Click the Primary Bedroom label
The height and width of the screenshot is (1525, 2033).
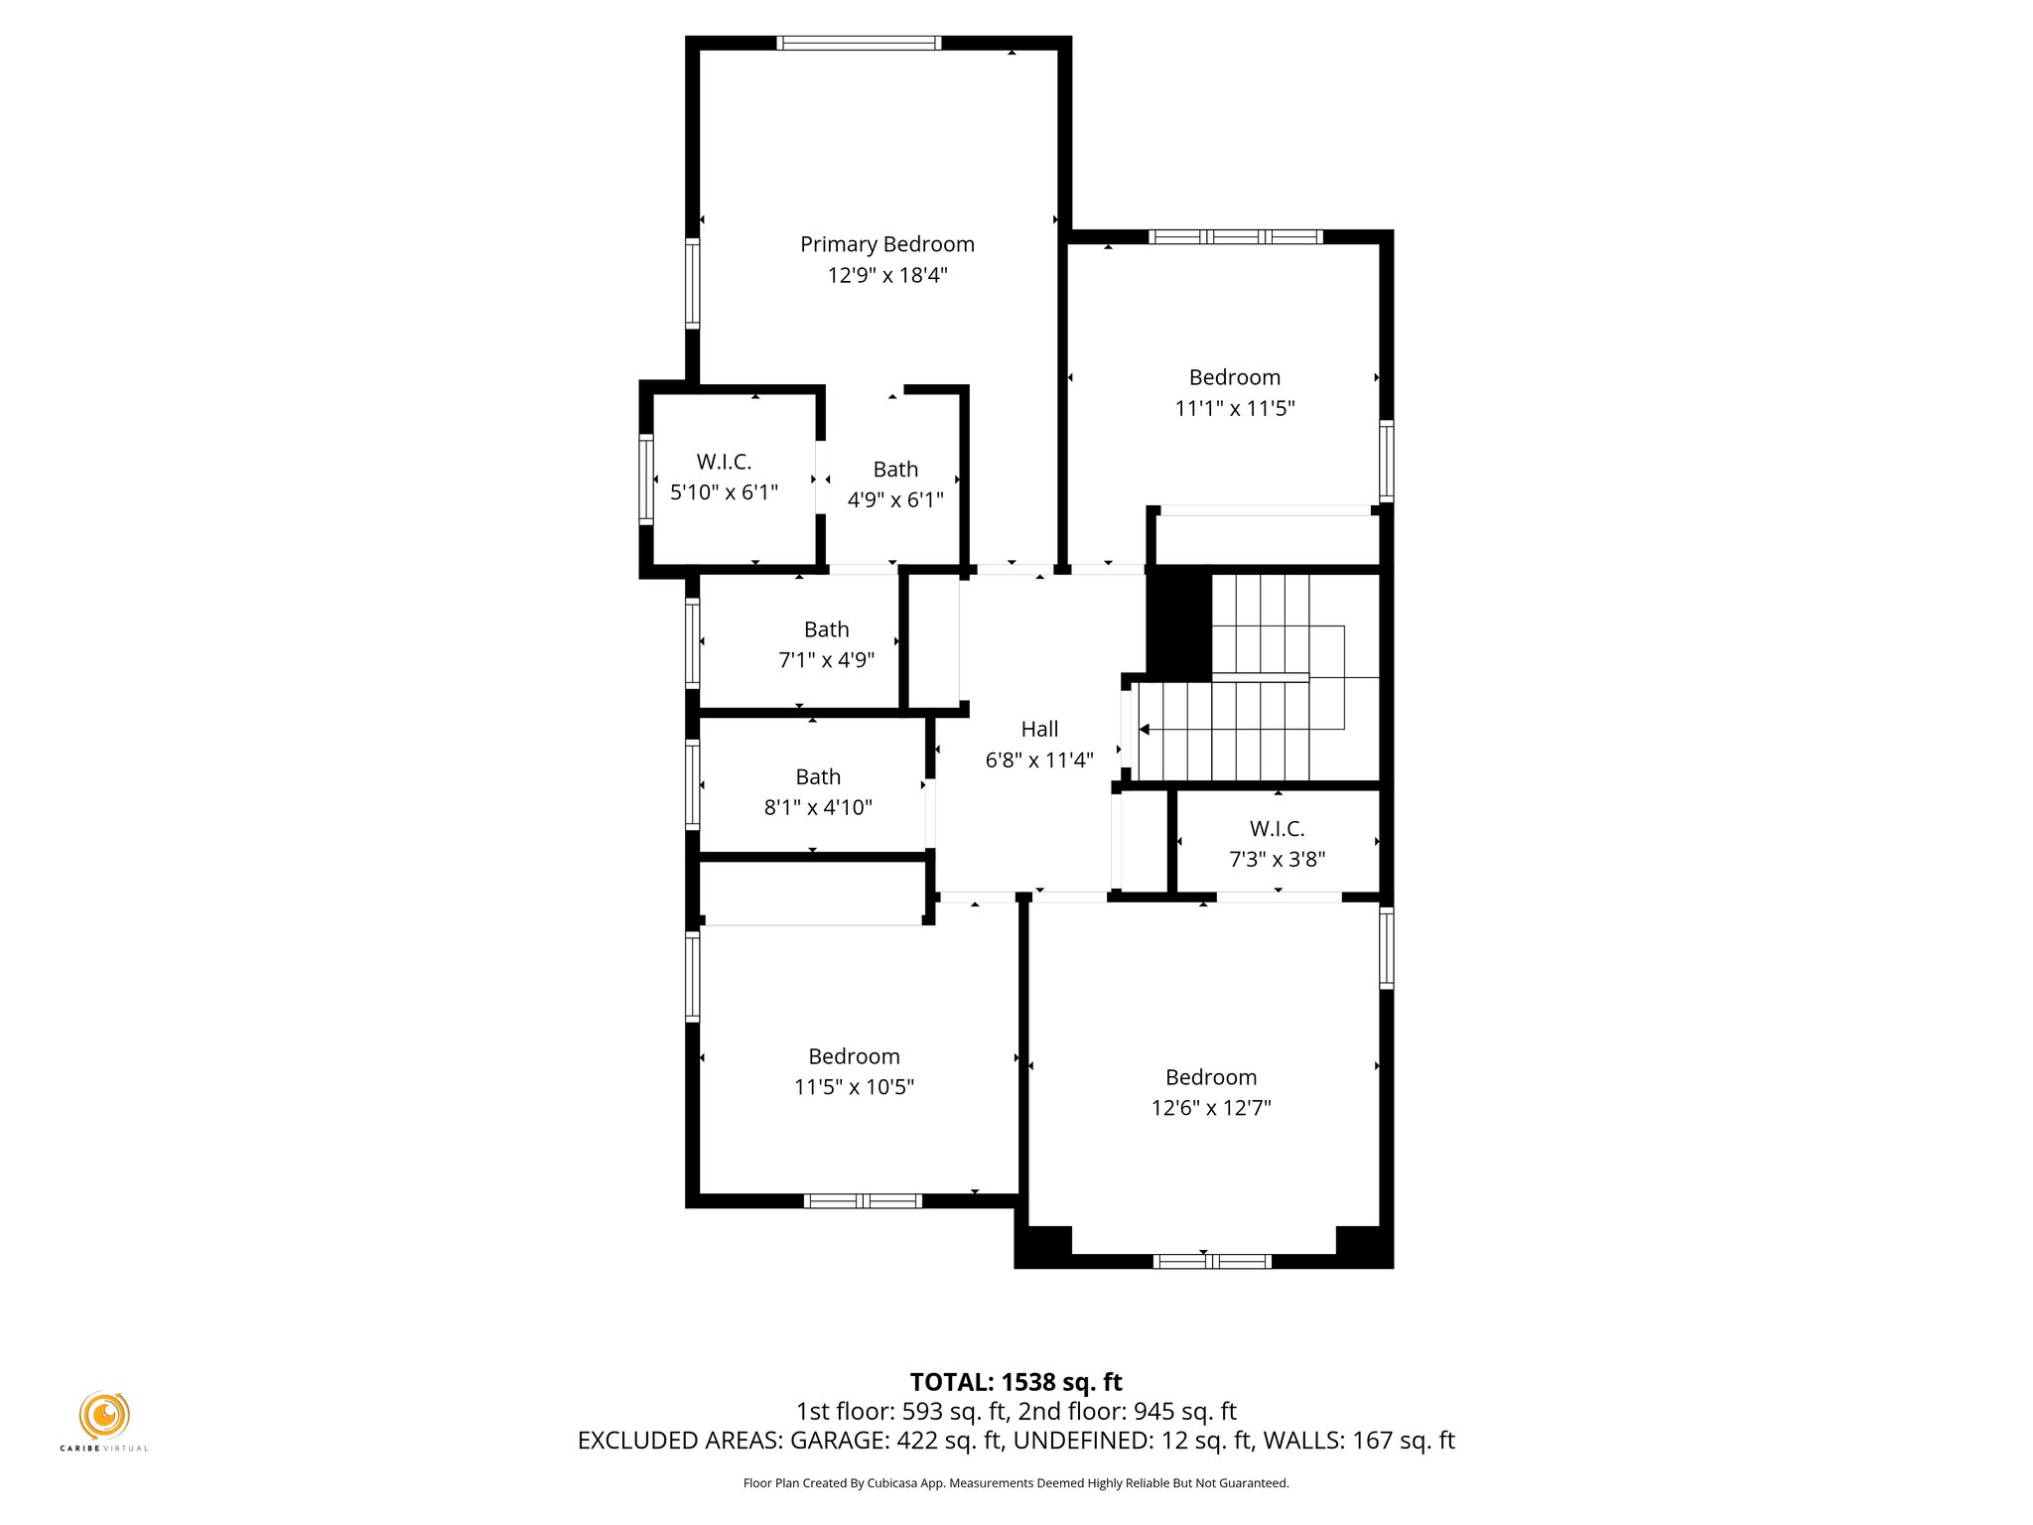click(x=886, y=244)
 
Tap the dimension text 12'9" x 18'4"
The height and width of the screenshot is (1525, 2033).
click(x=886, y=275)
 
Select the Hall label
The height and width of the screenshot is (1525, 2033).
click(x=1039, y=729)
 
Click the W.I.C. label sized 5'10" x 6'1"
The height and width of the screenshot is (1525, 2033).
click(x=724, y=462)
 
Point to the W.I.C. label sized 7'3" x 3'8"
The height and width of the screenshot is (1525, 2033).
click(x=1277, y=829)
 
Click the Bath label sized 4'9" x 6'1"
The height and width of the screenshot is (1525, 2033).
click(x=895, y=470)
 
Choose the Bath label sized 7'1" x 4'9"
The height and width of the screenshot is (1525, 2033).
click(x=826, y=629)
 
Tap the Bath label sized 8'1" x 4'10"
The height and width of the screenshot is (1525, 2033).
click(x=817, y=777)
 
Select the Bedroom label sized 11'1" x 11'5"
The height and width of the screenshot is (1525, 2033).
click(x=1234, y=377)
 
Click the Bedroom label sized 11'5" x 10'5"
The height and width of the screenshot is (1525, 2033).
click(x=854, y=1056)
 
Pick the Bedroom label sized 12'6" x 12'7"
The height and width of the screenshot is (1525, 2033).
click(x=1210, y=1077)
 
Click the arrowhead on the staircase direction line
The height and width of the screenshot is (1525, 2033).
click(x=1145, y=730)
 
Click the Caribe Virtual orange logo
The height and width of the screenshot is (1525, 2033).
click(x=104, y=1415)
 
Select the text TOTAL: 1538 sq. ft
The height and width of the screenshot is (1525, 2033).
click(x=1016, y=1382)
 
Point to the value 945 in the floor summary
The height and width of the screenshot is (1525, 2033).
click(x=1153, y=1411)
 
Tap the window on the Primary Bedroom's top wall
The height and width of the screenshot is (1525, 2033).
click(x=859, y=43)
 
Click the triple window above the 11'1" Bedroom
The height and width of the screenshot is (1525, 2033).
click(x=1235, y=236)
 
